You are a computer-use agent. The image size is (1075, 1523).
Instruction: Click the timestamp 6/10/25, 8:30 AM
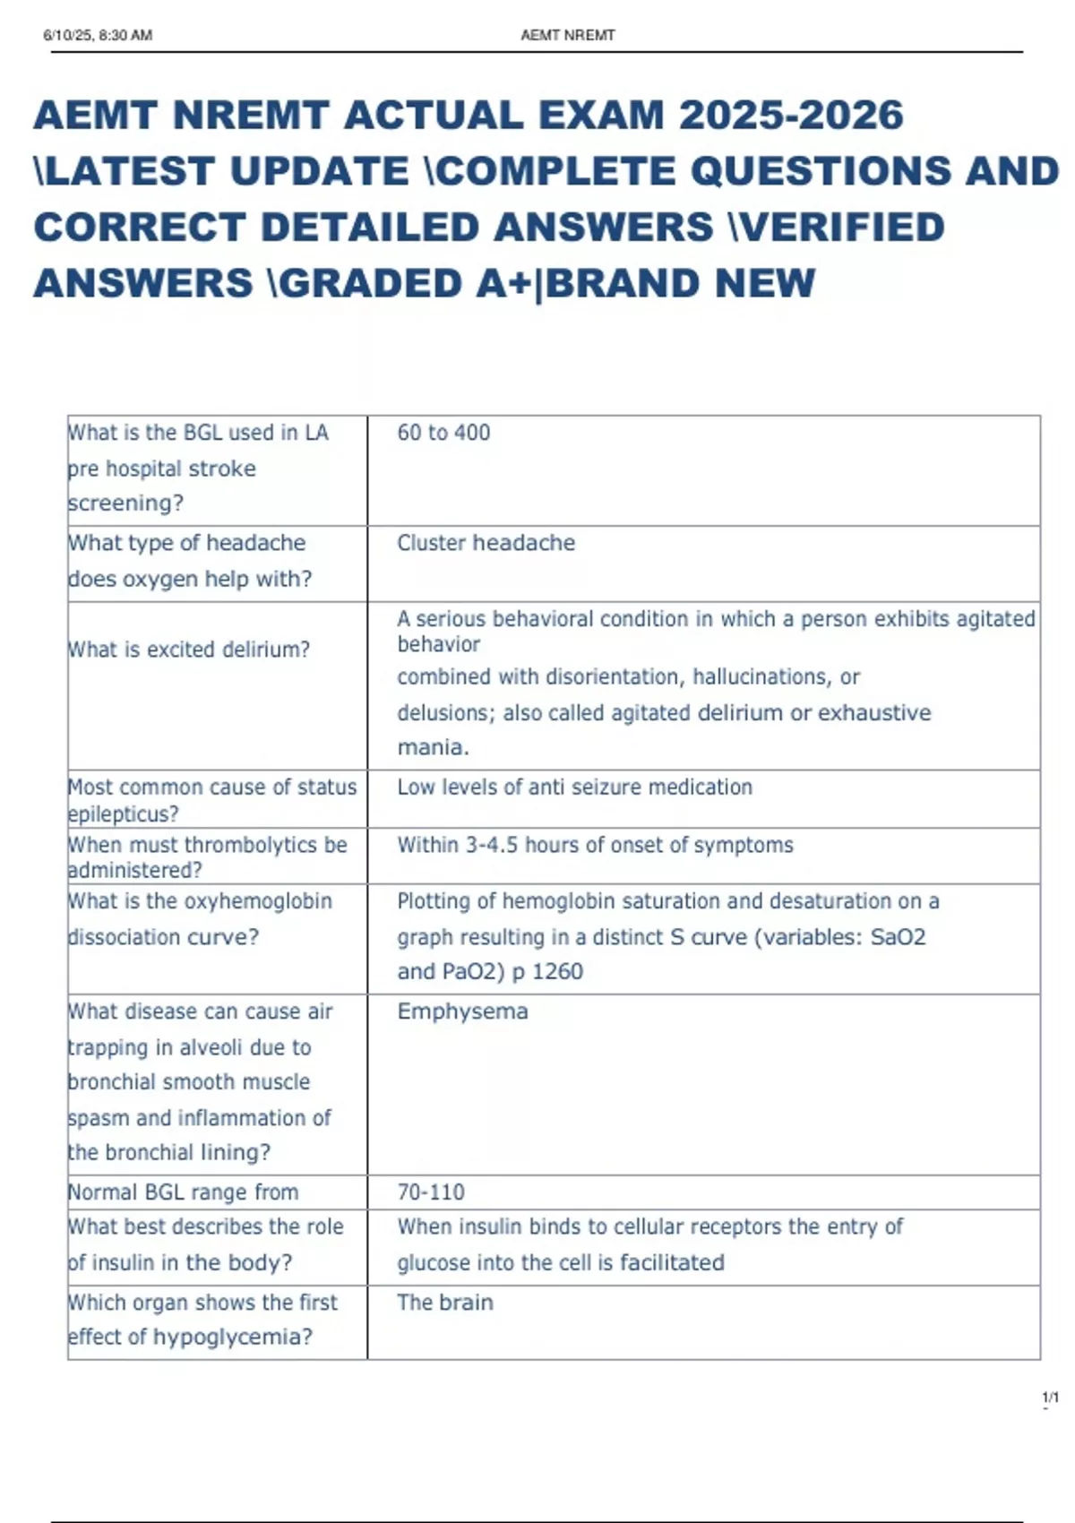point(98,36)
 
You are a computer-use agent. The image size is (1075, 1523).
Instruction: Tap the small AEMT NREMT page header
point(567,36)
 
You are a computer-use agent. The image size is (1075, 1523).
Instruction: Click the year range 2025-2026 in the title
point(791,116)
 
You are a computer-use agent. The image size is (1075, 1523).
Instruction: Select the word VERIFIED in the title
point(838,228)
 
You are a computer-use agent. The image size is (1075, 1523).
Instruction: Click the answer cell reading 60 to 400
point(443,433)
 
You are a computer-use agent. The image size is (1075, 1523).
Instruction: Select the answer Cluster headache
point(486,543)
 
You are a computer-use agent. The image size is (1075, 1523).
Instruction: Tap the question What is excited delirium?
point(189,650)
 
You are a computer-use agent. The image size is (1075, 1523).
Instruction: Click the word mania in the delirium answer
point(431,747)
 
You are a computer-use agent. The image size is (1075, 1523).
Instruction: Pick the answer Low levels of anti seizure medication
point(574,787)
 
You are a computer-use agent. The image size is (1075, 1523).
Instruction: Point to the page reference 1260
point(557,972)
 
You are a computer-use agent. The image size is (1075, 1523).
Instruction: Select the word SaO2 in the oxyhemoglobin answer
point(898,937)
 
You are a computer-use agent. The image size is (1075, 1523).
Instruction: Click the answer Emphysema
point(462,1011)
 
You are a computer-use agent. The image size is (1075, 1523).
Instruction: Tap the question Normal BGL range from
point(184,1192)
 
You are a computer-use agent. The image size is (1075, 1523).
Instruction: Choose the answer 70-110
point(431,1192)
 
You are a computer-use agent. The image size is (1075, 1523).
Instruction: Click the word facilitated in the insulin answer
point(672,1262)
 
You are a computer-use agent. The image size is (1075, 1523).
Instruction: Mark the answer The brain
point(445,1303)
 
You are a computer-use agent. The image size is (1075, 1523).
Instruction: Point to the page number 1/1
point(1050,1398)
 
